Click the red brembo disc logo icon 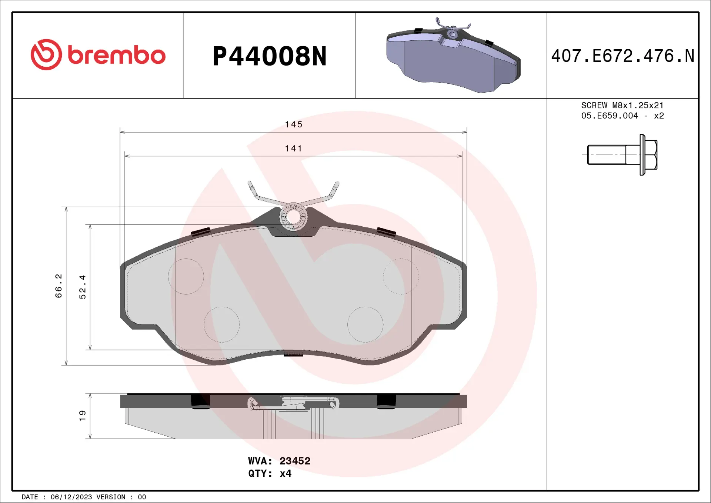pyautogui.click(x=46, y=54)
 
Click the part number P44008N pyautogui.click(x=270, y=56)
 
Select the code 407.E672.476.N pyautogui.click(x=622, y=56)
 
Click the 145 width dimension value pyautogui.click(x=294, y=124)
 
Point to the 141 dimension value pyautogui.click(x=294, y=149)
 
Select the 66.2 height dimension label pyautogui.click(x=59, y=286)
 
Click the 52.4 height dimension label pyautogui.click(x=82, y=287)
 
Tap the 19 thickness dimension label pyautogui.click(x=82, y=415)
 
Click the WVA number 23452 pyautogui.click(x=295, y=461)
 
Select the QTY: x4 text pyautogui.click(x=270, y=473)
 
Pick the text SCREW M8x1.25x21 pyautogui.click(x=622, y=105)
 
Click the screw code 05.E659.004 pyautogui.click(x=610, y=116)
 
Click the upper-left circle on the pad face pyautogui.click(x=186, y=276)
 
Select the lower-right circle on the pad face pyautogui.click(x=365, y=324)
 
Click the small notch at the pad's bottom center pyautogui.click(x=293, y=353)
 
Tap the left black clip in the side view pyautogui.click(x=200, y=402)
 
